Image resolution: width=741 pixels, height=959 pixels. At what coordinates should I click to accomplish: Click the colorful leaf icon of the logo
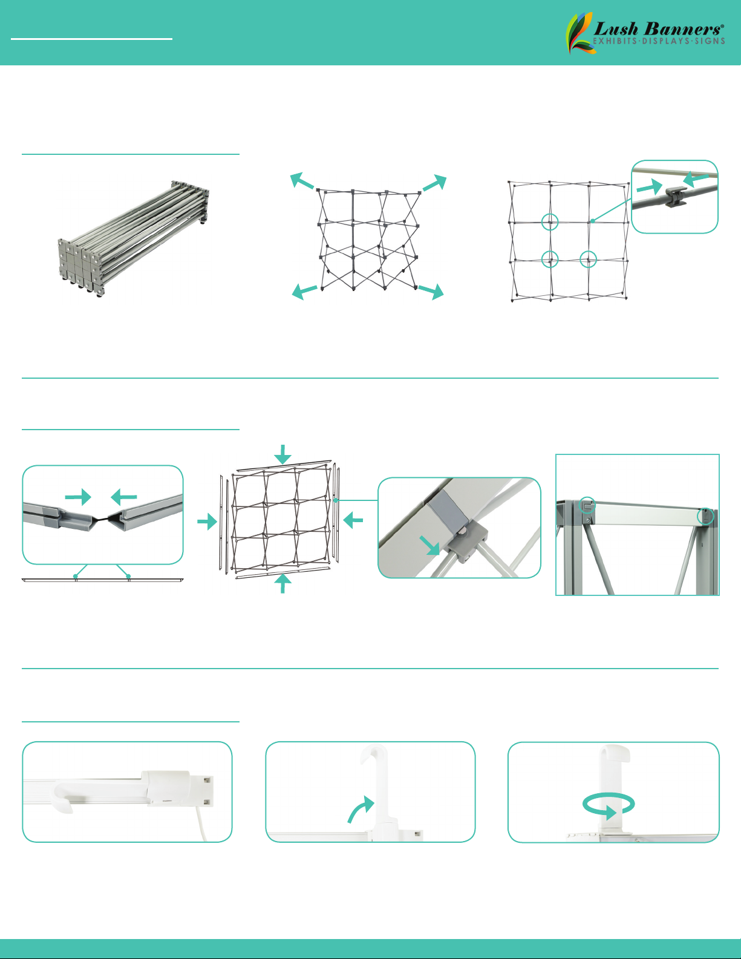(x=580, y=33)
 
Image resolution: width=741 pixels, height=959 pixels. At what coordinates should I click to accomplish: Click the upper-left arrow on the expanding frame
(x=302, y=181)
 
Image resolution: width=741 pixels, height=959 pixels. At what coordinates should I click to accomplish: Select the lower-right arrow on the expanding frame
(x=431, y=291)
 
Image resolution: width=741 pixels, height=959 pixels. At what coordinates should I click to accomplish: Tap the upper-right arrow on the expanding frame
(x=435, y=182)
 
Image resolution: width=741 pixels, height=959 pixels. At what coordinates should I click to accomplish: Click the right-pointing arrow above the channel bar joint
(x=78, y=497)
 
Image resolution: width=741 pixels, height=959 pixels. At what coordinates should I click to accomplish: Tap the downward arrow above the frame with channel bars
(x=282, y=454)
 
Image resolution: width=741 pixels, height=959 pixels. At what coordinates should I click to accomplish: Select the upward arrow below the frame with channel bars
(x=282, y=583)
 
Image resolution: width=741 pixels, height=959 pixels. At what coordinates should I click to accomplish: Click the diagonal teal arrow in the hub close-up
(x=429, y=546)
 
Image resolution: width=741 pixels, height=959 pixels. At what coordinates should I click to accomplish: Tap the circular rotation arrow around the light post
(x=609, y=805)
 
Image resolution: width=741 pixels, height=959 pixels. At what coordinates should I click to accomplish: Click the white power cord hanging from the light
(x=201, y=825)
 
